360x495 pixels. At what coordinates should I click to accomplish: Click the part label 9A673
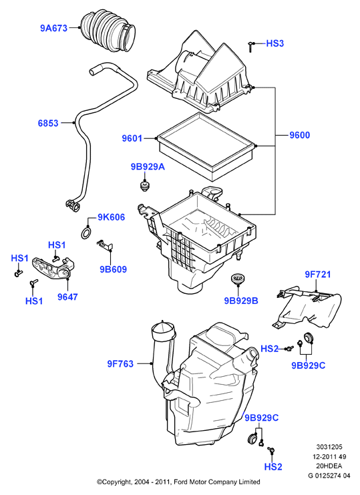(x=53, y=28)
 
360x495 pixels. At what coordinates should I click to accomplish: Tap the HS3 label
(x=275, y=43)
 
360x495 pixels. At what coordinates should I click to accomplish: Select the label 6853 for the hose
(x=48, y=123)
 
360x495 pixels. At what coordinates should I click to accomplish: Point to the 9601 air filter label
(x=132, y=138)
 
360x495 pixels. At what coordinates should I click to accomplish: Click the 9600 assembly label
(x=300, y=135)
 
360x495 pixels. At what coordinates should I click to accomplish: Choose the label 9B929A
(x=148, y=167)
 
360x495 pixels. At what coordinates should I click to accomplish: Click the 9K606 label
(x=111, y=217)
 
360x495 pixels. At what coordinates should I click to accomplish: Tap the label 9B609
(x=114, y=269)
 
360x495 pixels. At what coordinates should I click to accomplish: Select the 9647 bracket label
(x=67, y=297)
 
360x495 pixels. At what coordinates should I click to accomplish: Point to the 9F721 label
(x=318, y=275)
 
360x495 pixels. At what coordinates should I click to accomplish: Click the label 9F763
(x=120, y=363)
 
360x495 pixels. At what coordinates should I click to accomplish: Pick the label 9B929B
(x=241, y=301)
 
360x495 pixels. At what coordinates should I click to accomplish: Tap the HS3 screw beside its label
(x=250, y=47)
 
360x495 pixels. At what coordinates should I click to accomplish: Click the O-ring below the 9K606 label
(x=85, y=233)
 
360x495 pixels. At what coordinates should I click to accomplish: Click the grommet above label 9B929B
(x=237, y=279)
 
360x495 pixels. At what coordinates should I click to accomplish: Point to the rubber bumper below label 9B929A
(x=144, y=186)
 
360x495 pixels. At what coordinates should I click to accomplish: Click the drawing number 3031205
(x=329, y=447)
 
